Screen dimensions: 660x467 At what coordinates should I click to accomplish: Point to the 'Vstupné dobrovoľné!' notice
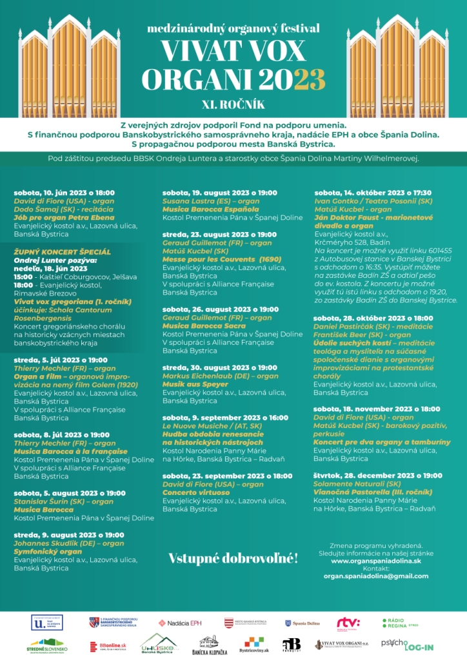233,558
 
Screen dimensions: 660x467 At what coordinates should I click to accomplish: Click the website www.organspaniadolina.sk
376,561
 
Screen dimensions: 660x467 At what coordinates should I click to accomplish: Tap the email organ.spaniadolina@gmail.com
376,576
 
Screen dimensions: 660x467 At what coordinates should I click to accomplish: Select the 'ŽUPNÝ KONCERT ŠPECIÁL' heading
62,251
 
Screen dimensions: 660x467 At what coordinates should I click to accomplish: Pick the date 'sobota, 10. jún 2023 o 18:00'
64,192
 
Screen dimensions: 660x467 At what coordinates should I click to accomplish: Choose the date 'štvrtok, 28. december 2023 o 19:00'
378,475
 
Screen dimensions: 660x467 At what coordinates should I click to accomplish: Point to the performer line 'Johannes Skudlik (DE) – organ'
69,543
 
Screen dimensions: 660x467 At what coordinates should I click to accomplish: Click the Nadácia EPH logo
180,623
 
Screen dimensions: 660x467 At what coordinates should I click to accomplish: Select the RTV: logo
348,623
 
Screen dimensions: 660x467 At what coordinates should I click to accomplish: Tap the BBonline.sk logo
108,646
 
